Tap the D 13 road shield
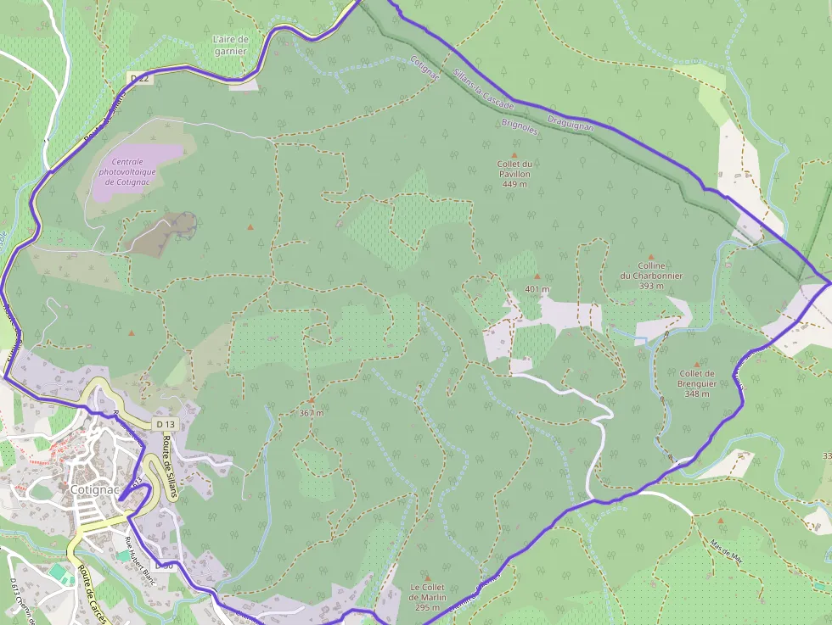166,423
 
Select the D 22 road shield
140,78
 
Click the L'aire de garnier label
230,45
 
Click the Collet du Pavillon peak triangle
514,155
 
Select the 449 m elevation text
515,184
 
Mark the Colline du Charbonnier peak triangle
651,257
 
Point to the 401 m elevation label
537,289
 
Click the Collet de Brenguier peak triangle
697,364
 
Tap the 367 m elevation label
312,413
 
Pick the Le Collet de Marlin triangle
427,578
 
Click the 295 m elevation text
427,607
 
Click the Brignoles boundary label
520,126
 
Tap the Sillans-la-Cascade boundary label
482,88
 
